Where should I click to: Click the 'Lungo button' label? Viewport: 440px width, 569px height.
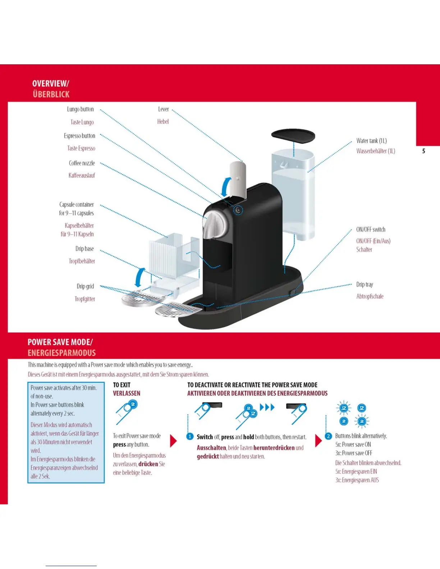click(80, 109)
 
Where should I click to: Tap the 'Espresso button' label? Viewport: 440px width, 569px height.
click(79, 136)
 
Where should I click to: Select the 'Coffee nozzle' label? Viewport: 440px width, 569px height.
click(82, 163)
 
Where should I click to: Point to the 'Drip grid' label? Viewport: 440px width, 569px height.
click(85, 286)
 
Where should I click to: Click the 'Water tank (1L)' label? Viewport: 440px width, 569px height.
click(371, 141)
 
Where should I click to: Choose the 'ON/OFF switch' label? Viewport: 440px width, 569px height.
click(371, 230)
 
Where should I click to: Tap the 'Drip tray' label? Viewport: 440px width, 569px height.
click(365, 284)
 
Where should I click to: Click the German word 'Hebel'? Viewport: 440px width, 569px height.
click(163, 122)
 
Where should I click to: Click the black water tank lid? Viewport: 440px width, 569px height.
click(293, 136)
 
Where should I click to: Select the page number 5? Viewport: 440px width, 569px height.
click(423, 151)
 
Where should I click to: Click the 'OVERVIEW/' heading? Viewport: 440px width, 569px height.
click(51, 84)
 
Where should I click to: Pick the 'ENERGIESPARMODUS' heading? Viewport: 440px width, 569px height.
click(62, 353)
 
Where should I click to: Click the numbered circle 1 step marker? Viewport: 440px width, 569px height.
click(190, 436)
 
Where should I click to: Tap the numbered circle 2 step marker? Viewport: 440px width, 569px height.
click(328, 436)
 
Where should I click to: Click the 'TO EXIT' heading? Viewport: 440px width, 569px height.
click(122, 385)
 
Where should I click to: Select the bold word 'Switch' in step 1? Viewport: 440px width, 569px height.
click(205, 437)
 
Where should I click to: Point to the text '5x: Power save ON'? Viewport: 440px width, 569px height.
click(353, 444)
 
